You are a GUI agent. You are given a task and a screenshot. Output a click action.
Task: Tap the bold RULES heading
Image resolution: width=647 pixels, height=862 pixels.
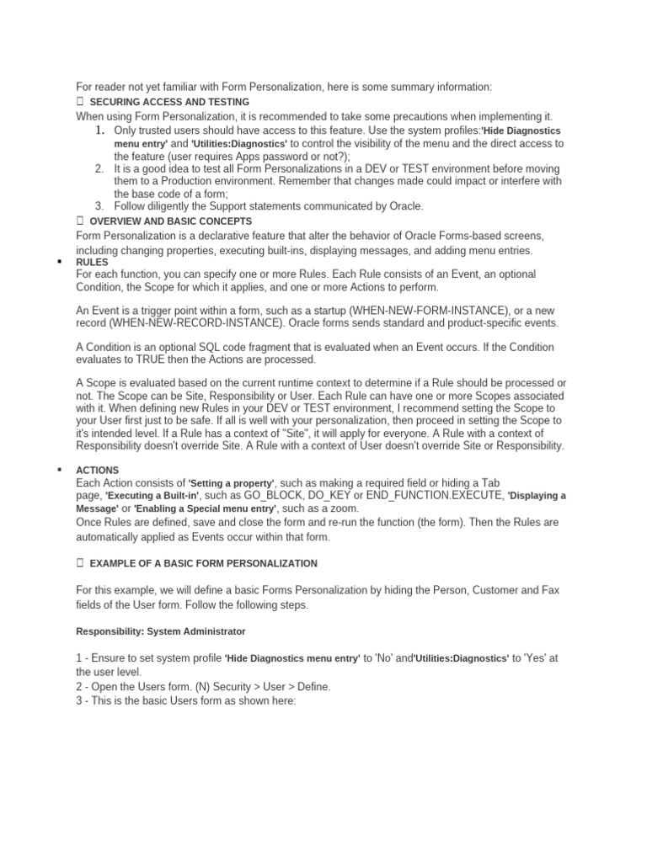point(92,263)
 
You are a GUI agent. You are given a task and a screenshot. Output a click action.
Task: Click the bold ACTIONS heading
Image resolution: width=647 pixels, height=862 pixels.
point(98,470)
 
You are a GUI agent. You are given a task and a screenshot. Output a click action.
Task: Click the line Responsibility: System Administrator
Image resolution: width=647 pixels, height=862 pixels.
point(160,630)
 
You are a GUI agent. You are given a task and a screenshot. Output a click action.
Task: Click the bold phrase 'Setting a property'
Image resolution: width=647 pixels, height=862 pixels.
point(231,483)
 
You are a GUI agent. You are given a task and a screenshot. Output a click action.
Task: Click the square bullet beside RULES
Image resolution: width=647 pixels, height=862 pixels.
point(59,263)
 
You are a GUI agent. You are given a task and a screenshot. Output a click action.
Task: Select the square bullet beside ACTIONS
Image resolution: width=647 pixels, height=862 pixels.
point(59,470)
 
